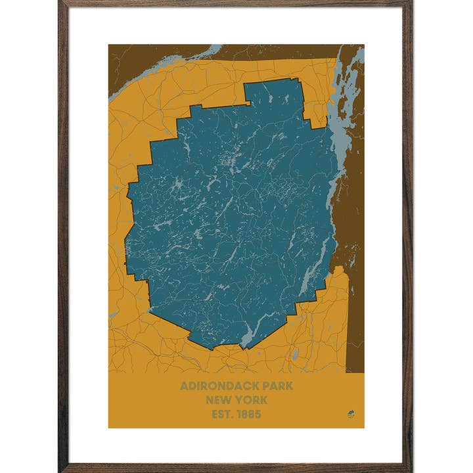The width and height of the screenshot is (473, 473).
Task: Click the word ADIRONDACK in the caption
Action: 214,386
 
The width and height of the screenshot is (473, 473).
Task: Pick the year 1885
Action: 250,414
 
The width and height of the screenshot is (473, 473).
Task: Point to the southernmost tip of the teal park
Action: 244,348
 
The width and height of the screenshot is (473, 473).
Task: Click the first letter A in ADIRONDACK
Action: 184,386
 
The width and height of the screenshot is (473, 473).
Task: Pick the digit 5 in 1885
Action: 258,414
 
